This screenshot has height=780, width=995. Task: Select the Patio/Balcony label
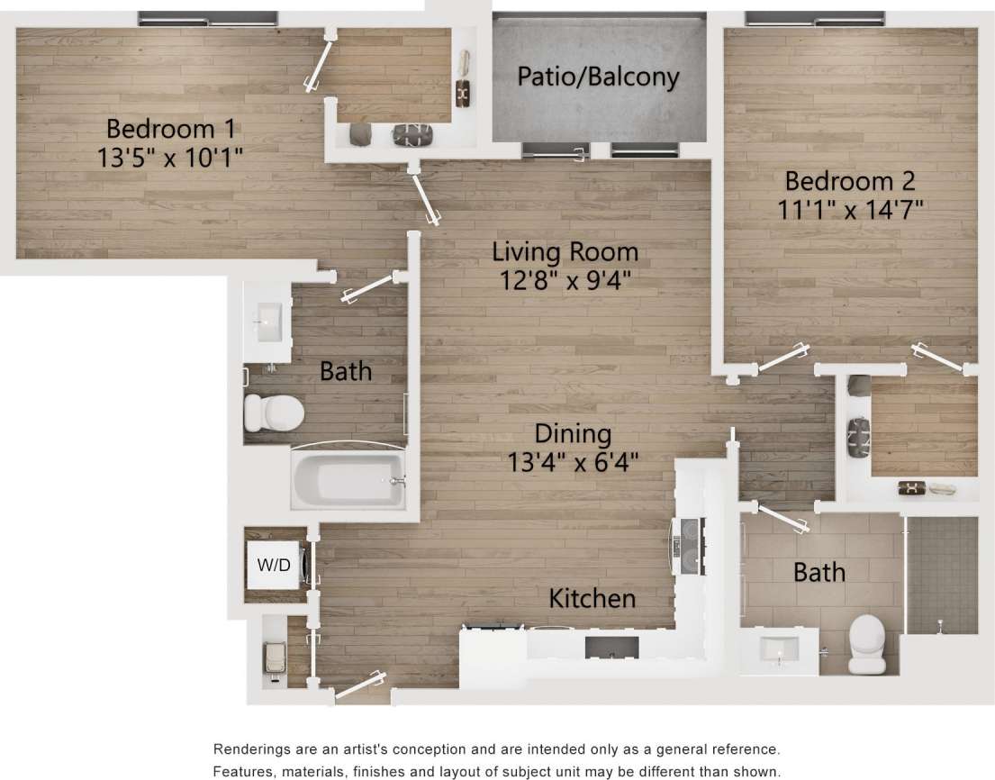(597, 77)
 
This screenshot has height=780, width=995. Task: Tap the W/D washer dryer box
(275, 565)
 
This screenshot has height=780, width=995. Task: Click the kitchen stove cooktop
(687, 547)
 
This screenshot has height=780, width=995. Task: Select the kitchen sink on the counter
(611, 647)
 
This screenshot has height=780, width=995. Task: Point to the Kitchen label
(592, 598)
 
